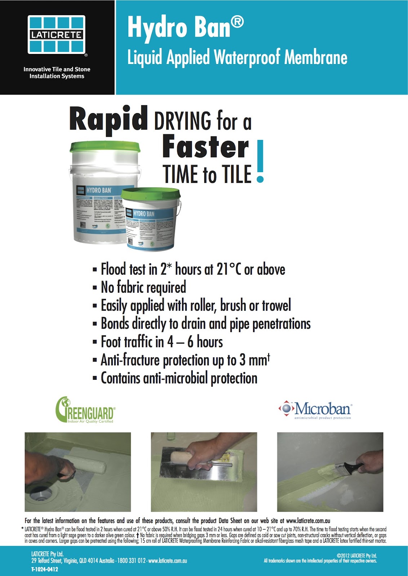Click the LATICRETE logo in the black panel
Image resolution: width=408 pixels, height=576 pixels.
[57, 35]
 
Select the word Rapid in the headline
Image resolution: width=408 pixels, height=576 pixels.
[108, 118]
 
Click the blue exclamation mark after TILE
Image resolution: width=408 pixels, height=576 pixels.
[260, 162]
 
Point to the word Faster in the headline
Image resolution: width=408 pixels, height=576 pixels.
[205, 147]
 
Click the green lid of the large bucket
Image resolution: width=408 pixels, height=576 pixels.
[105, 147]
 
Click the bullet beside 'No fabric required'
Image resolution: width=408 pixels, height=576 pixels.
[95, 288]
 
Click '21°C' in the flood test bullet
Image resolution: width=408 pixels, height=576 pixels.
[229, 269]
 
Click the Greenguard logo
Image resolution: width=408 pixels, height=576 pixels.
[85, 410]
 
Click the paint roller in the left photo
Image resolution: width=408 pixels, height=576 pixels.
[88, 465]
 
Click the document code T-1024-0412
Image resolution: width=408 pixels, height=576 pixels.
[44, 570]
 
